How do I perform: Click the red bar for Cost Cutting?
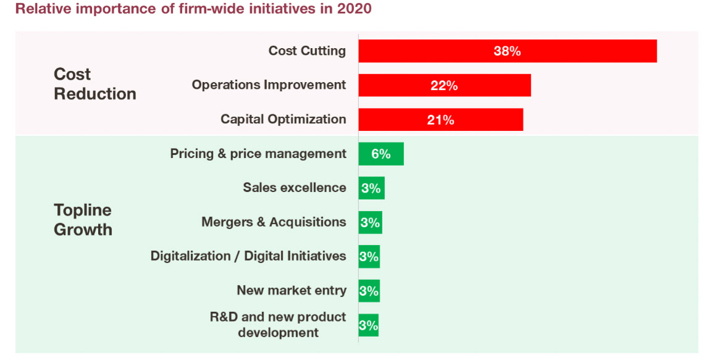(x=432, y=51)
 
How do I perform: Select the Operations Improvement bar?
(x=401, y=85)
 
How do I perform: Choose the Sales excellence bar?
(x=371, y=188)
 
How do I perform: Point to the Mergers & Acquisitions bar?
(x=370, y=222)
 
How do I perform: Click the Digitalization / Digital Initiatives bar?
(x=369, y=256)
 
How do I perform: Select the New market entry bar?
(x=369, y=290)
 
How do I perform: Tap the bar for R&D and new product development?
(x=368, y=325)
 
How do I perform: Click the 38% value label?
(x=507, y=51)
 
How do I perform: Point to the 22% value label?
(x=444, y=86)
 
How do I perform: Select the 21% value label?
(x=440, y=120)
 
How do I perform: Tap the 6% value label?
(x=380, y=154)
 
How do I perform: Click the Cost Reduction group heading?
(x=95, y=84)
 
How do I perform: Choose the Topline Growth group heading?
(x=83, y=220)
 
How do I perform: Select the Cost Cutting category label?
(x=307, y=51)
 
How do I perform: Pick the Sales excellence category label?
(x=295, y=187)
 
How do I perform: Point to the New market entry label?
(x=292, y=290)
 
